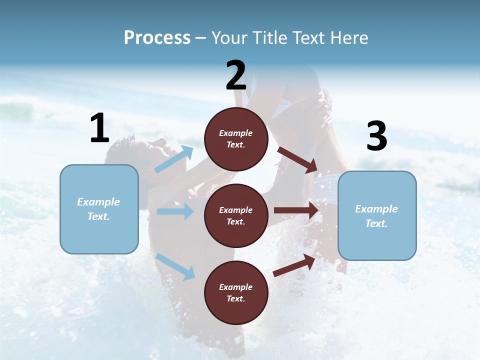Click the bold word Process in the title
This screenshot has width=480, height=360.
point(157,38)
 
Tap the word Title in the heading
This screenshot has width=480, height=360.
point(270,38)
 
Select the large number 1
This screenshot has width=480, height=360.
point(99,128)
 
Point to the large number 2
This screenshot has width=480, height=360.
point(236,75)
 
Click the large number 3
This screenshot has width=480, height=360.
point(376,136)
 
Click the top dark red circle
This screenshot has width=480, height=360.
point(236,139)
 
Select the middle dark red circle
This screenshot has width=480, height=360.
point(236,216)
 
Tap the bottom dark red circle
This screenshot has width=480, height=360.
point(236,293)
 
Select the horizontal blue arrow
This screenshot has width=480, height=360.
point(175,211)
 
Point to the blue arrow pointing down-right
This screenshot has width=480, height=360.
point(175,266)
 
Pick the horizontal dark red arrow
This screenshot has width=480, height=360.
point(296,210)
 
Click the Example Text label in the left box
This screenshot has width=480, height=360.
point(98,209)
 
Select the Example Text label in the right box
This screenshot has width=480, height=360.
point(376,216)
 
